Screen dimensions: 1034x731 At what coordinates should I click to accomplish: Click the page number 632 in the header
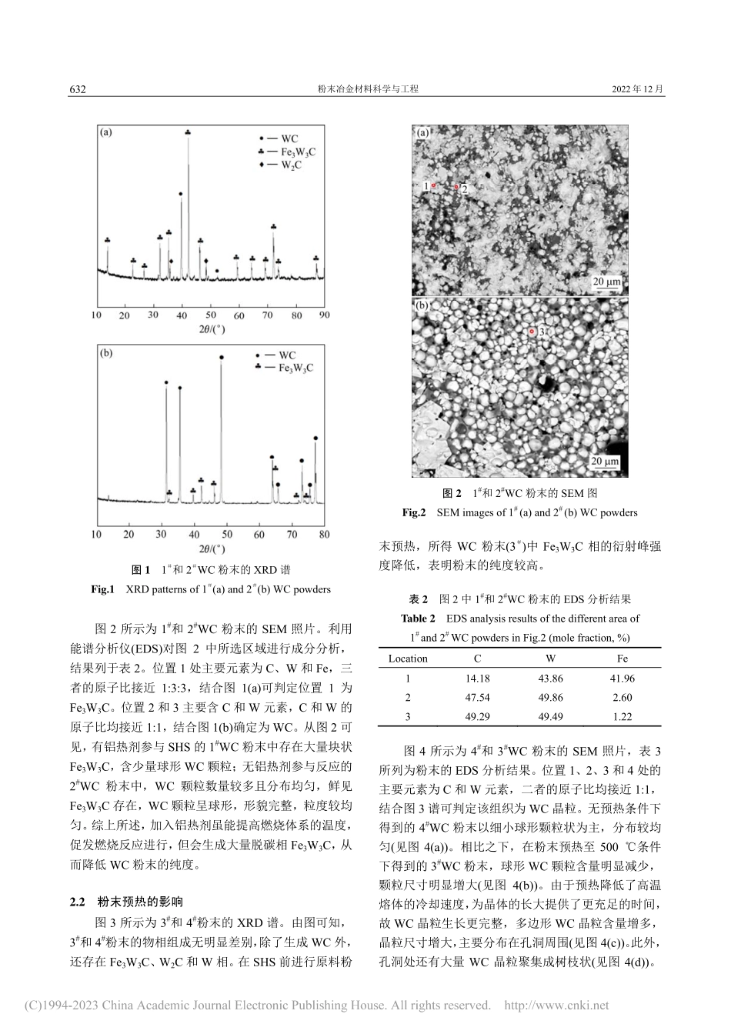78,89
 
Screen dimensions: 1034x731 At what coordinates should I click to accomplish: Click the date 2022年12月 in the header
638,89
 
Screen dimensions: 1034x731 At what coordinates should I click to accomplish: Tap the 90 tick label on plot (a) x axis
324,315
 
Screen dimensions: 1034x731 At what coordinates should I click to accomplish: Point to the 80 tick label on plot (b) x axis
324,533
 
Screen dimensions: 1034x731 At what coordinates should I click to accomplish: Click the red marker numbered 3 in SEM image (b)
532,332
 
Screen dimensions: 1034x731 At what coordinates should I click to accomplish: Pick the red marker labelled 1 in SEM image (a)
434,185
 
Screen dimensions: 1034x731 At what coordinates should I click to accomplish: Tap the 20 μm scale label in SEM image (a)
606,282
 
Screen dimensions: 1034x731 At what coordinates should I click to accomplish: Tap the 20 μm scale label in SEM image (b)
606,462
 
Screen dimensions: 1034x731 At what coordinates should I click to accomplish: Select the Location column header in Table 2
408,659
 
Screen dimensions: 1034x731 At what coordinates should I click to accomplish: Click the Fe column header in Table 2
623,659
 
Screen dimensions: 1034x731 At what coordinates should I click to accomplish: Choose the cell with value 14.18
477,678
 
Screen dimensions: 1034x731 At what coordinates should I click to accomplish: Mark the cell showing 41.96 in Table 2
623,678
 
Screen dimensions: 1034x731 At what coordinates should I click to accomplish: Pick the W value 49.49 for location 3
550,716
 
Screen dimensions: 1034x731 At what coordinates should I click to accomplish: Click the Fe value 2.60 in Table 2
623,697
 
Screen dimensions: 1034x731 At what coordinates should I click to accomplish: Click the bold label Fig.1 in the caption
103,589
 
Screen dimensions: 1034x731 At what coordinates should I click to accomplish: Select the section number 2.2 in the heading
78,902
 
